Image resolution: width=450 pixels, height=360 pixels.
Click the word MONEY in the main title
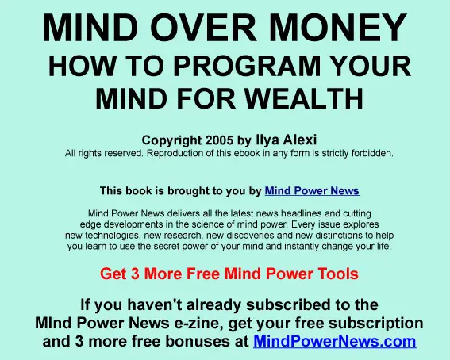coord(338,28)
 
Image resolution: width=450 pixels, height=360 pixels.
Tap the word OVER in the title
coord(203,28)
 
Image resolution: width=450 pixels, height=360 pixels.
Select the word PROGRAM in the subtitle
coord(247,66)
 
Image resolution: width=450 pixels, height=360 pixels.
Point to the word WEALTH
coord(305,98)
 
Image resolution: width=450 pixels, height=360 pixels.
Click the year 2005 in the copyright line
coord(220,140)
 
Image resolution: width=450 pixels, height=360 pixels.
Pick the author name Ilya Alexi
coord(287,140)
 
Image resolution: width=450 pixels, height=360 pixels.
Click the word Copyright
coord(171,140)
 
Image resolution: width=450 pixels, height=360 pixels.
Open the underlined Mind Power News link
coord(312,191)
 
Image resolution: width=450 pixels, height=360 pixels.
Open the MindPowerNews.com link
coord(335,341)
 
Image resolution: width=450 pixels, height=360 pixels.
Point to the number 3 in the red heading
coord(135,274)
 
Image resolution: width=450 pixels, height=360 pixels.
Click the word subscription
coord(375,324)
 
